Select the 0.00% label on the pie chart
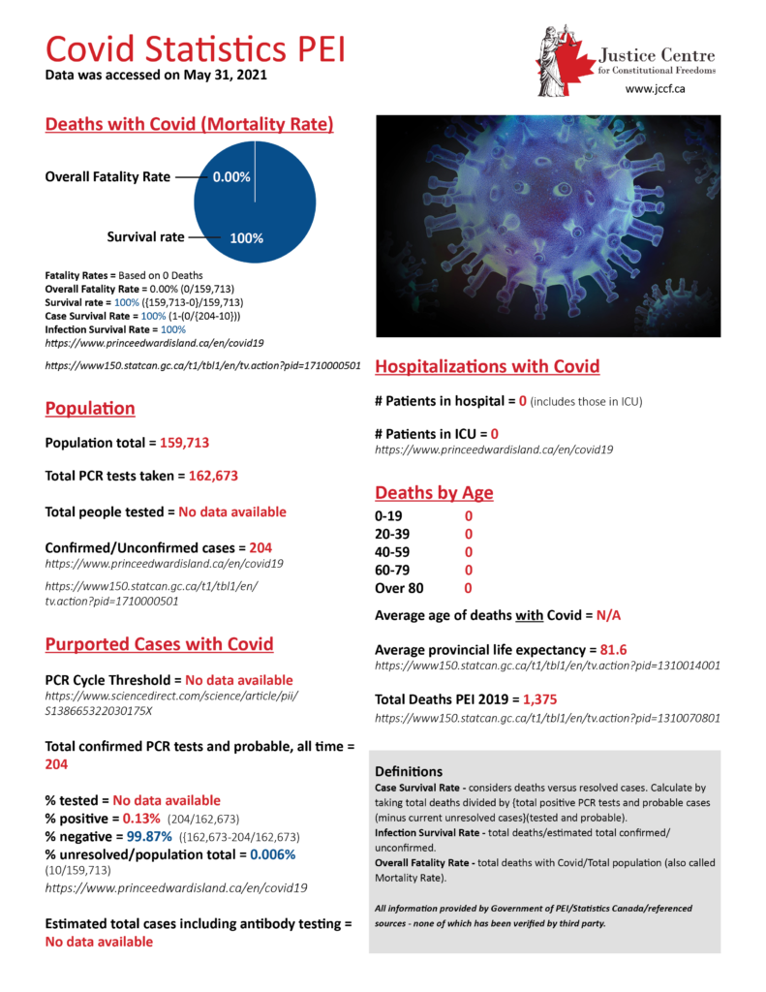[x=232, y=177]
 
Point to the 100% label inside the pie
[x=246, y=236]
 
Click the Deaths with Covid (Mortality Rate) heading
[x=190, y=124]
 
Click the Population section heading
[x=90, y=409]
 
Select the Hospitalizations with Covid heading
[x=487, y=366]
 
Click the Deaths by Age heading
[x=434, y=493]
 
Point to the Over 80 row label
[x=399, y=587]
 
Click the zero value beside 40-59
[x=469, y=551]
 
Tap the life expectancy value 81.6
[x=610, y=649]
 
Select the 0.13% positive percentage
[x=141, y=819]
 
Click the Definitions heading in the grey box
[x=408, y=772]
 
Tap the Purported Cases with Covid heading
[x=160, y=644]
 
